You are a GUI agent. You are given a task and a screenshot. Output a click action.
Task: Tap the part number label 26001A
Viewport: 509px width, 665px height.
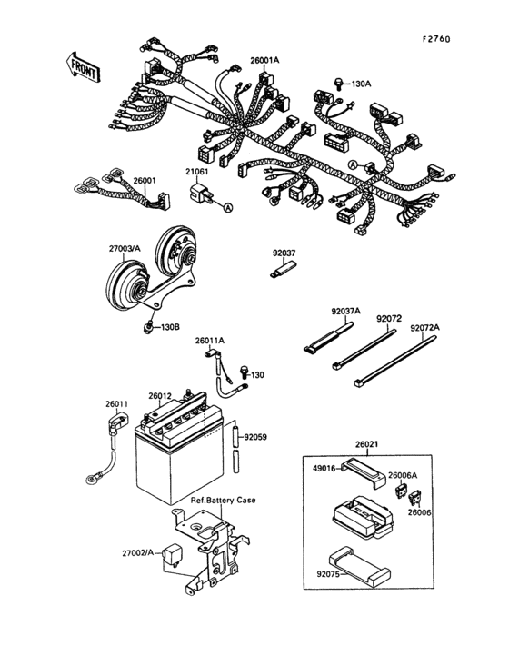click(x=265, y=61)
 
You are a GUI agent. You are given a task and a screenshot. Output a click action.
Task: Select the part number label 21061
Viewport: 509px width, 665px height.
click(x=197, y=171)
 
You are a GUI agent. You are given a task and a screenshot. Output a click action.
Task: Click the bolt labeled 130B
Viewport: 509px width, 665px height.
click(x=147, y=326)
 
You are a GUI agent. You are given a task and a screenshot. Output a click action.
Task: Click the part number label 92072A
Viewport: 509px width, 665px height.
click(x=424, y=327)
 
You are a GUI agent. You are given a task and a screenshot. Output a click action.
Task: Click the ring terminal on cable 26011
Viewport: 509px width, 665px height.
click(x=91, y=473)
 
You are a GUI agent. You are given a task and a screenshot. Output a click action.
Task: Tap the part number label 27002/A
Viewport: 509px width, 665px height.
click(x=140, y=551)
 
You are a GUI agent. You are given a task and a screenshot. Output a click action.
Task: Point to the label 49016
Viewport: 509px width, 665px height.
click(x=324, y=469)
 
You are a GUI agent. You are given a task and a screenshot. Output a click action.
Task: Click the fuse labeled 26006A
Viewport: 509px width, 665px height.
click(x=402, y=489)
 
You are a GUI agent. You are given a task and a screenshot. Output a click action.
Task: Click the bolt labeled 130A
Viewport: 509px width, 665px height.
click(x=338, y=83)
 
